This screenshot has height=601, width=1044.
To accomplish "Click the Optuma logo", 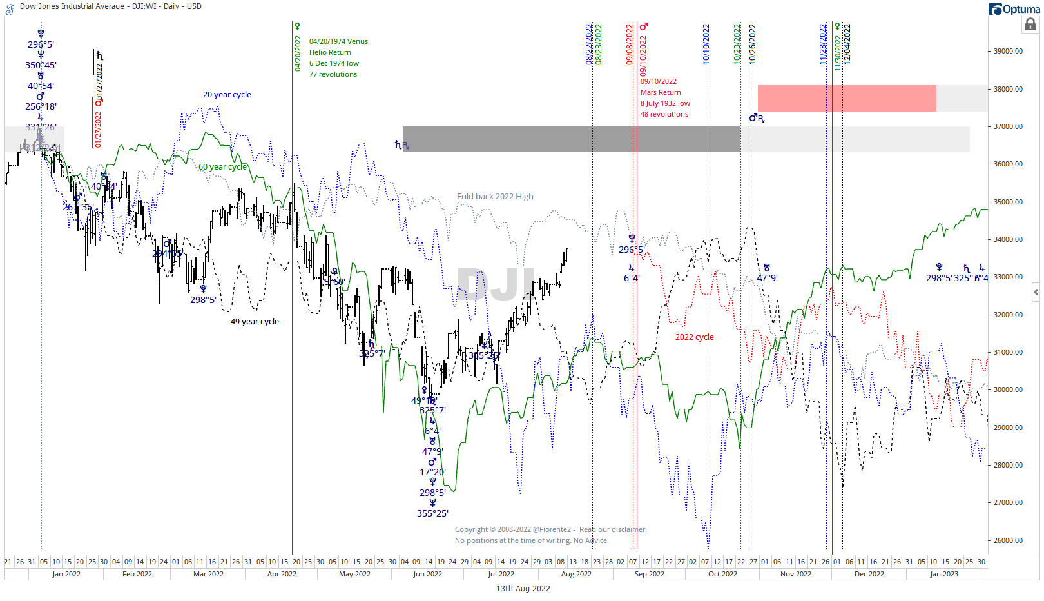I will (x=1014, y=9).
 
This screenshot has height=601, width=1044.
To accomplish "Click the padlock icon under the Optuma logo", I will (x=1030, y=25).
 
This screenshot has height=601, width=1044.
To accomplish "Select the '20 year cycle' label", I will (x=227, y=95).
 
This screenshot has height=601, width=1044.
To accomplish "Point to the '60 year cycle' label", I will (x=222, y=167).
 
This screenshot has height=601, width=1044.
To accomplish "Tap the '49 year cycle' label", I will (x=255, y=322).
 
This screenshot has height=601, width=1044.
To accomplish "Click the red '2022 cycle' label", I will (x=694, y=337).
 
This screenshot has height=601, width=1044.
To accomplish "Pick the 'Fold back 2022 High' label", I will (x=495, y=197).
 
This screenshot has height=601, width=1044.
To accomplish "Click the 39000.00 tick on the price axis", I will (x=1008, y=51).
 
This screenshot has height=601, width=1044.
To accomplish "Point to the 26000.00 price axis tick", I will (x=1008, y=540).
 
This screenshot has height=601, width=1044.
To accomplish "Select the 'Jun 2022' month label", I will (x=427, y=574).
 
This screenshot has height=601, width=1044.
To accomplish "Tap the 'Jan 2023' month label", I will (x=943, y=574).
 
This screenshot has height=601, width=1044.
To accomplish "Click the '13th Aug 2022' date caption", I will (x=523, y=589).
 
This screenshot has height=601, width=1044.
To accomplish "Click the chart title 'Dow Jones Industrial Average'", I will (x=72, y=6).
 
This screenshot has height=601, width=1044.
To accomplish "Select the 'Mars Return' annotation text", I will (x=660, y=93).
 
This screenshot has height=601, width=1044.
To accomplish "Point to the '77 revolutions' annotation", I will (x=333, y=75).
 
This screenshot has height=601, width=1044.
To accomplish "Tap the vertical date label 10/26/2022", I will (x=752, y=44).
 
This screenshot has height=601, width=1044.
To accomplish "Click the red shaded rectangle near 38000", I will (x=846, y=98).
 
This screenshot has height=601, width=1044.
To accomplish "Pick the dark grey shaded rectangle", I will (x=570, y=139).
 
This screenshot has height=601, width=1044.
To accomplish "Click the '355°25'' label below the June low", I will (x=432, y=514).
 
